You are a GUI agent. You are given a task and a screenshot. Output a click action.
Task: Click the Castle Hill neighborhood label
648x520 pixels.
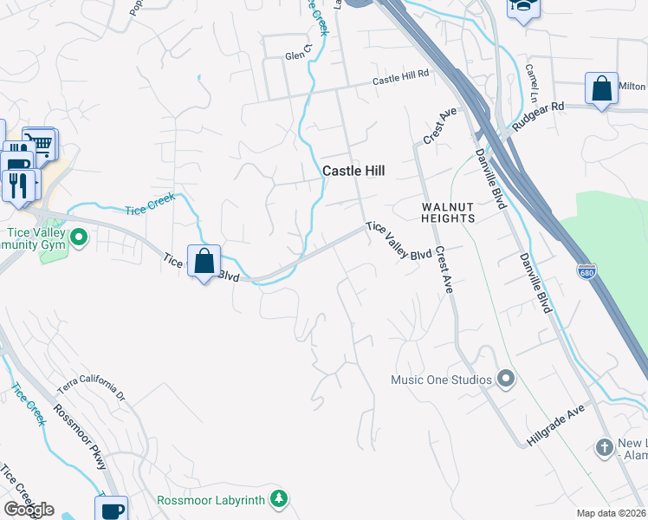[x=353, y=171]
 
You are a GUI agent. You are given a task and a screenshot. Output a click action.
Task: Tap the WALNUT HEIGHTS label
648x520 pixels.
[x=448, y=212]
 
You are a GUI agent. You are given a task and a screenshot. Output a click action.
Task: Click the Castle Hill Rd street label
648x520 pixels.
[x=401, y=78]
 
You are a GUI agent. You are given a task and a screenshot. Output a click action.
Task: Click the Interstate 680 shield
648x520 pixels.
[x=586, y=272]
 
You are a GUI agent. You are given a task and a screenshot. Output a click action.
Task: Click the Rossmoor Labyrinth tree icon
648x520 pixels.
[x=278, y=498]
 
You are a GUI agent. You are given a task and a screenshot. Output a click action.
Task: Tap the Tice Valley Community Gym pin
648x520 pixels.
[x=79, y=236]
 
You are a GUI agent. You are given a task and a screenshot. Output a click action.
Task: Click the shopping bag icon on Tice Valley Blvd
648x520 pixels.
[x=204, y=260]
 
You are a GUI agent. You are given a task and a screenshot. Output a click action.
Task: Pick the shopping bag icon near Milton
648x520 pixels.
[x=601, y=88]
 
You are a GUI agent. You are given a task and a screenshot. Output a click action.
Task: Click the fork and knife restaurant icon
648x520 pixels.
[x=17, y=183]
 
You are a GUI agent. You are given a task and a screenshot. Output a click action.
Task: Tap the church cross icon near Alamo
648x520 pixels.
[x=605, y=447]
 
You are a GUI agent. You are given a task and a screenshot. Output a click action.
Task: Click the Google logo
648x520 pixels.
[x=29, y=510]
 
